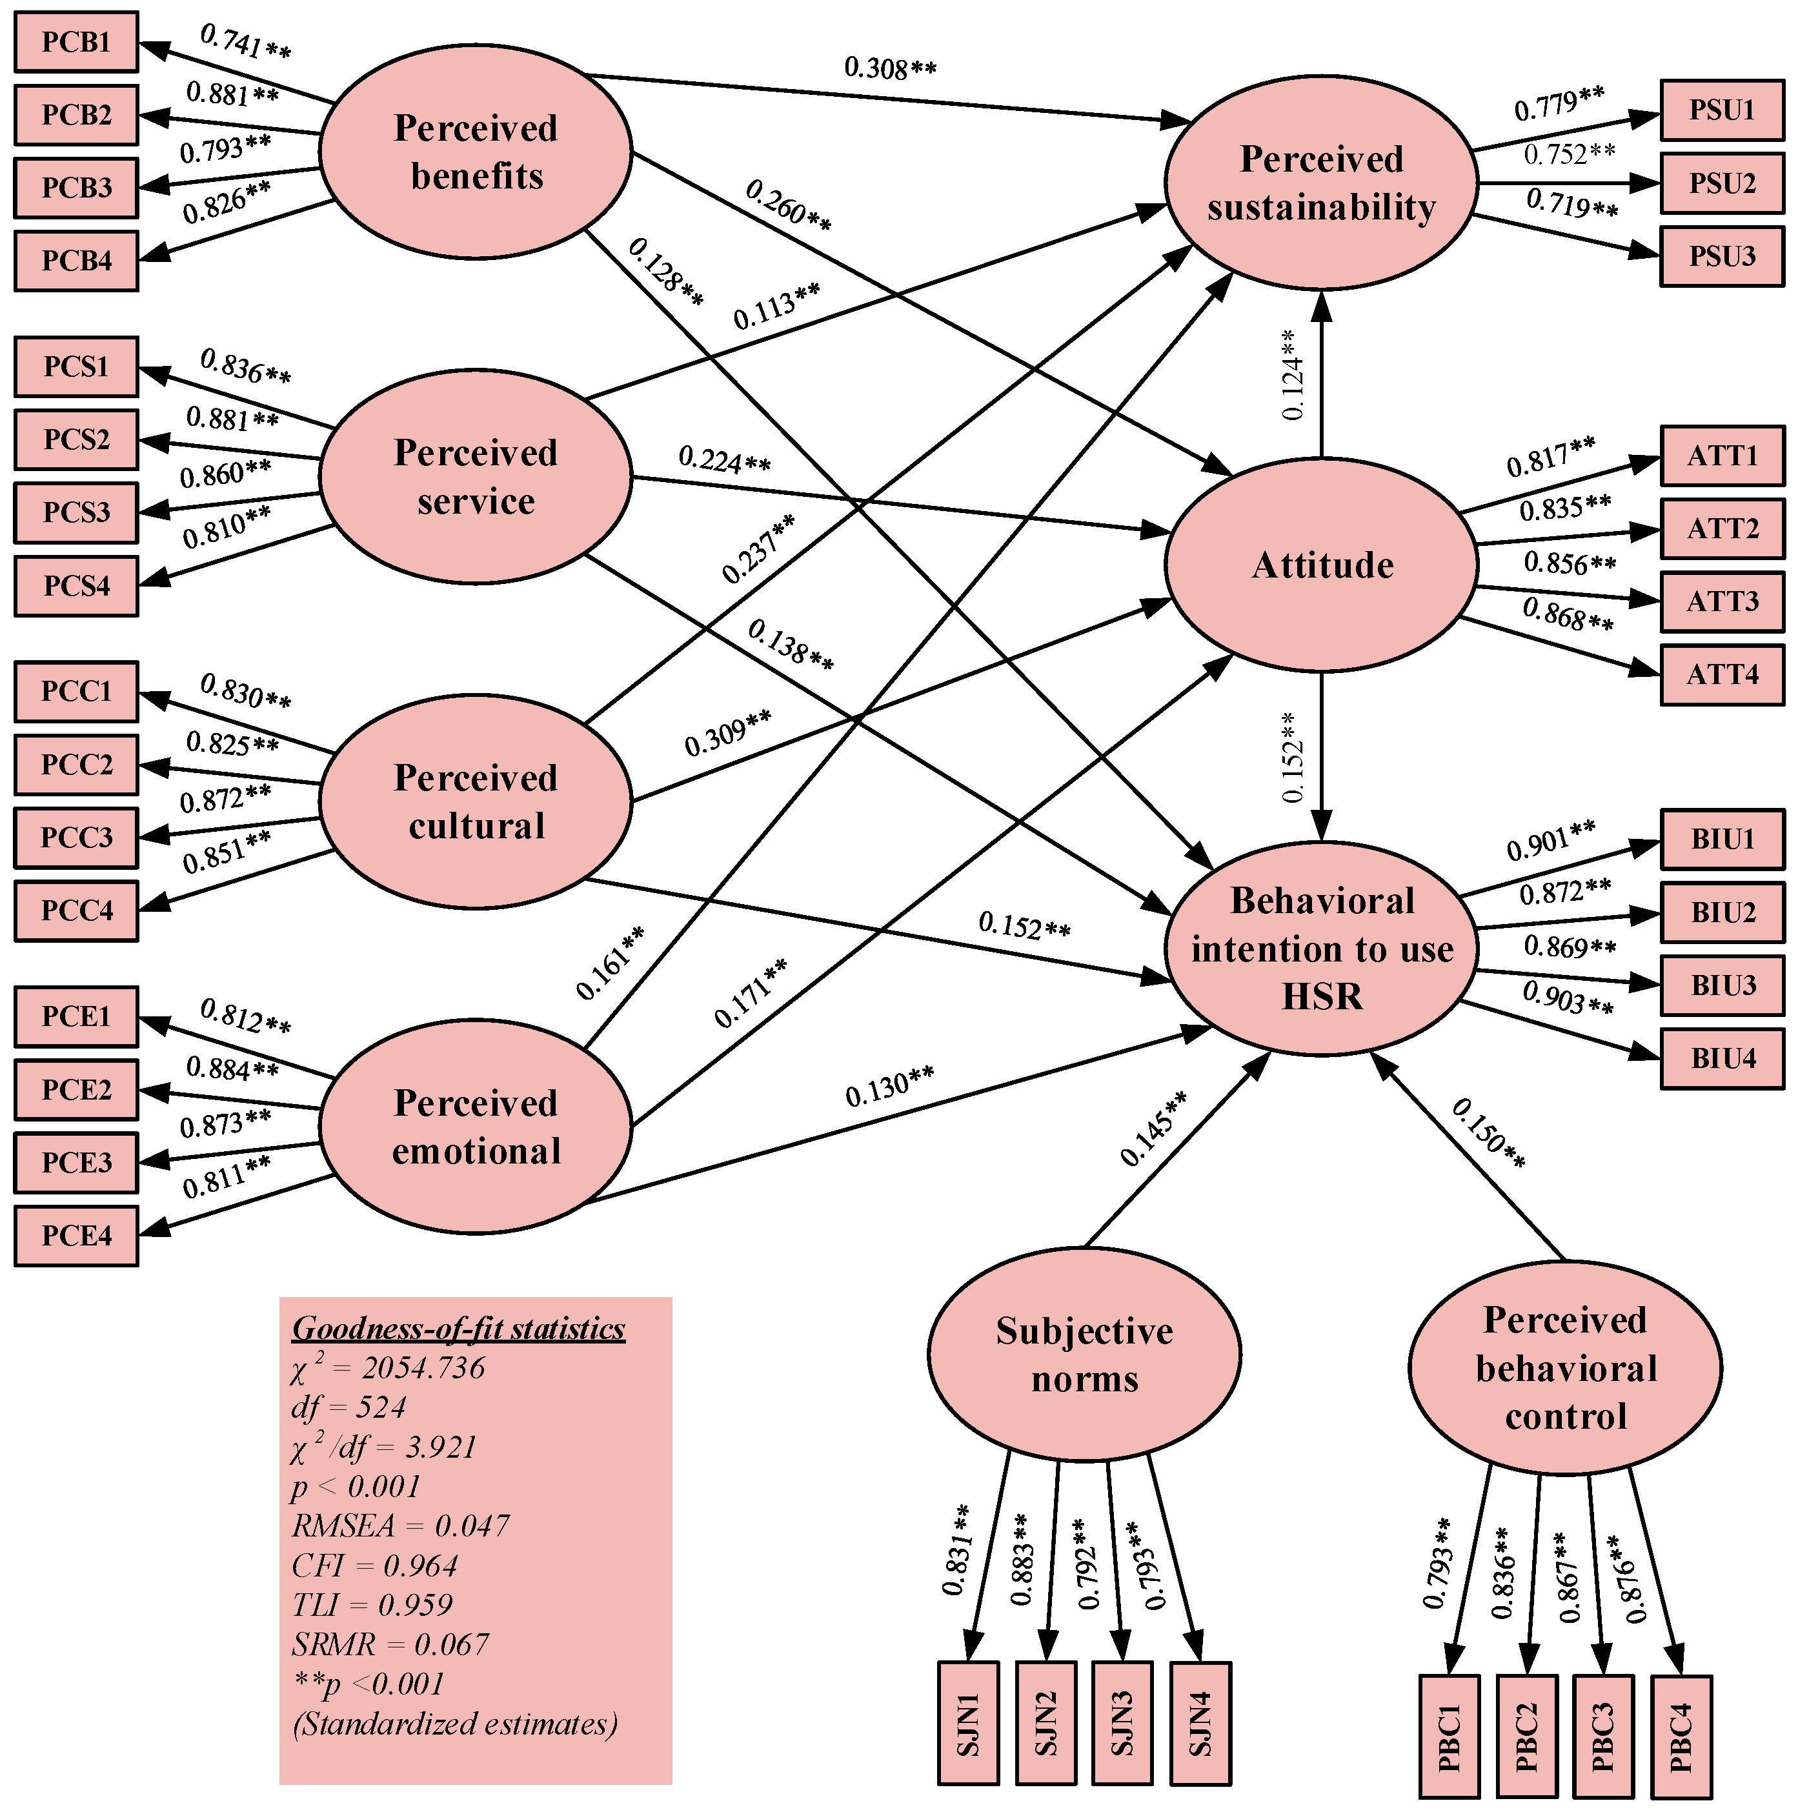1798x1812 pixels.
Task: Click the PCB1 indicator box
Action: [x=76, y=42]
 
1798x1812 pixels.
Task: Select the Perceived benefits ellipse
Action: [x=476, y=152]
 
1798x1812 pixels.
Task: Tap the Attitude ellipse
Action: [x=1322, y=565]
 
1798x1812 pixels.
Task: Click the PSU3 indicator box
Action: [x=1721, y=256]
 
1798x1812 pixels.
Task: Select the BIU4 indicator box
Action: [x=1721, y=1059]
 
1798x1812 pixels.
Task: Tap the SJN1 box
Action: [x=968, y=1724]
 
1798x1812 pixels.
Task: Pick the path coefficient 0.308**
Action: [x=889, y=68]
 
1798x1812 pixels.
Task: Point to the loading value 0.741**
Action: [x=246, y=41]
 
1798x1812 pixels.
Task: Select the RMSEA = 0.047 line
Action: [x=401, y=1526]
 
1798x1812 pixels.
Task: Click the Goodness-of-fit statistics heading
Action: [x=459, y=1328]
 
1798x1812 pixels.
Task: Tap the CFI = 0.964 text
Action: [x=374, y=1565]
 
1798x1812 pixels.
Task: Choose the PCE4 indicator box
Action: [x=76, y=1236]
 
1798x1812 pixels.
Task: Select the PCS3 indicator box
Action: [x=76, y=513]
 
